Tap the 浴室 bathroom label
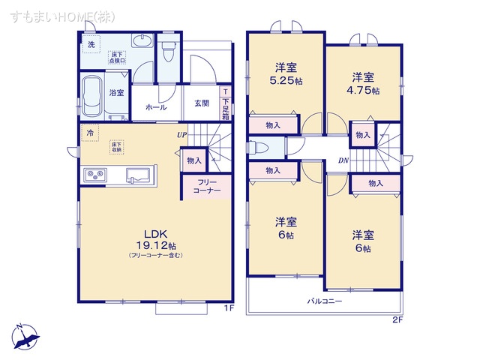click(x=116, y=93)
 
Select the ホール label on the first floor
click(x=156, y=107)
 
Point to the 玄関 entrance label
click(x=202, y=104)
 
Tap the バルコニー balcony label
click(x=324, y=301)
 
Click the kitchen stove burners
click(x=95, y=175)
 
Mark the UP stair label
click(x=181, y=135)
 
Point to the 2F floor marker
click(x=397, y=320)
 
